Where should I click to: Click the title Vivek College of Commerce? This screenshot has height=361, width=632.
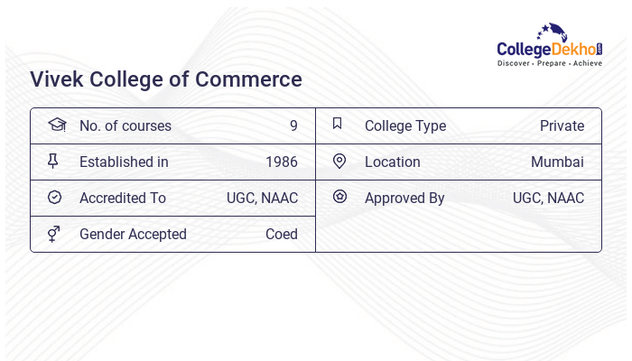166,79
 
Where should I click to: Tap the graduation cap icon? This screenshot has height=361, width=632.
56,125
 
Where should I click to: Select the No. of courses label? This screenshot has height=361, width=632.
125,126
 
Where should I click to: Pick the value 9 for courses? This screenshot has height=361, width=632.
293,126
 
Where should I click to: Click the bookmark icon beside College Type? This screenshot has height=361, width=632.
338,124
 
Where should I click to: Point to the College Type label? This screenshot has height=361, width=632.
404,126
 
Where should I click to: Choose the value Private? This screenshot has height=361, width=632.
562,126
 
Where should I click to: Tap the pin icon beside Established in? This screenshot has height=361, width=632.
53,162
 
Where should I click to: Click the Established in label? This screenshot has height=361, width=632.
124,162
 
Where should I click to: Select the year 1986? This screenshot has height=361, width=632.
282,162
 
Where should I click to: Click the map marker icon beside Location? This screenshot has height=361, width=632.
339,162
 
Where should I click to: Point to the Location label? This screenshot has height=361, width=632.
392,162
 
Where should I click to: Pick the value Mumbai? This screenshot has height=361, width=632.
557,162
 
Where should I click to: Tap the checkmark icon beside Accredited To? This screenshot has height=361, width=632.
54,198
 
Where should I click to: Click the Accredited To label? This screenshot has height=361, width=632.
122,199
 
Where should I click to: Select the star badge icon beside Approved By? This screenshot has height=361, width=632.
339,196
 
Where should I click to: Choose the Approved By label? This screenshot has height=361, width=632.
404,199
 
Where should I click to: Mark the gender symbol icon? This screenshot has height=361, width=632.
53,234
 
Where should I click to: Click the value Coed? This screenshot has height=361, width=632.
282,235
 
